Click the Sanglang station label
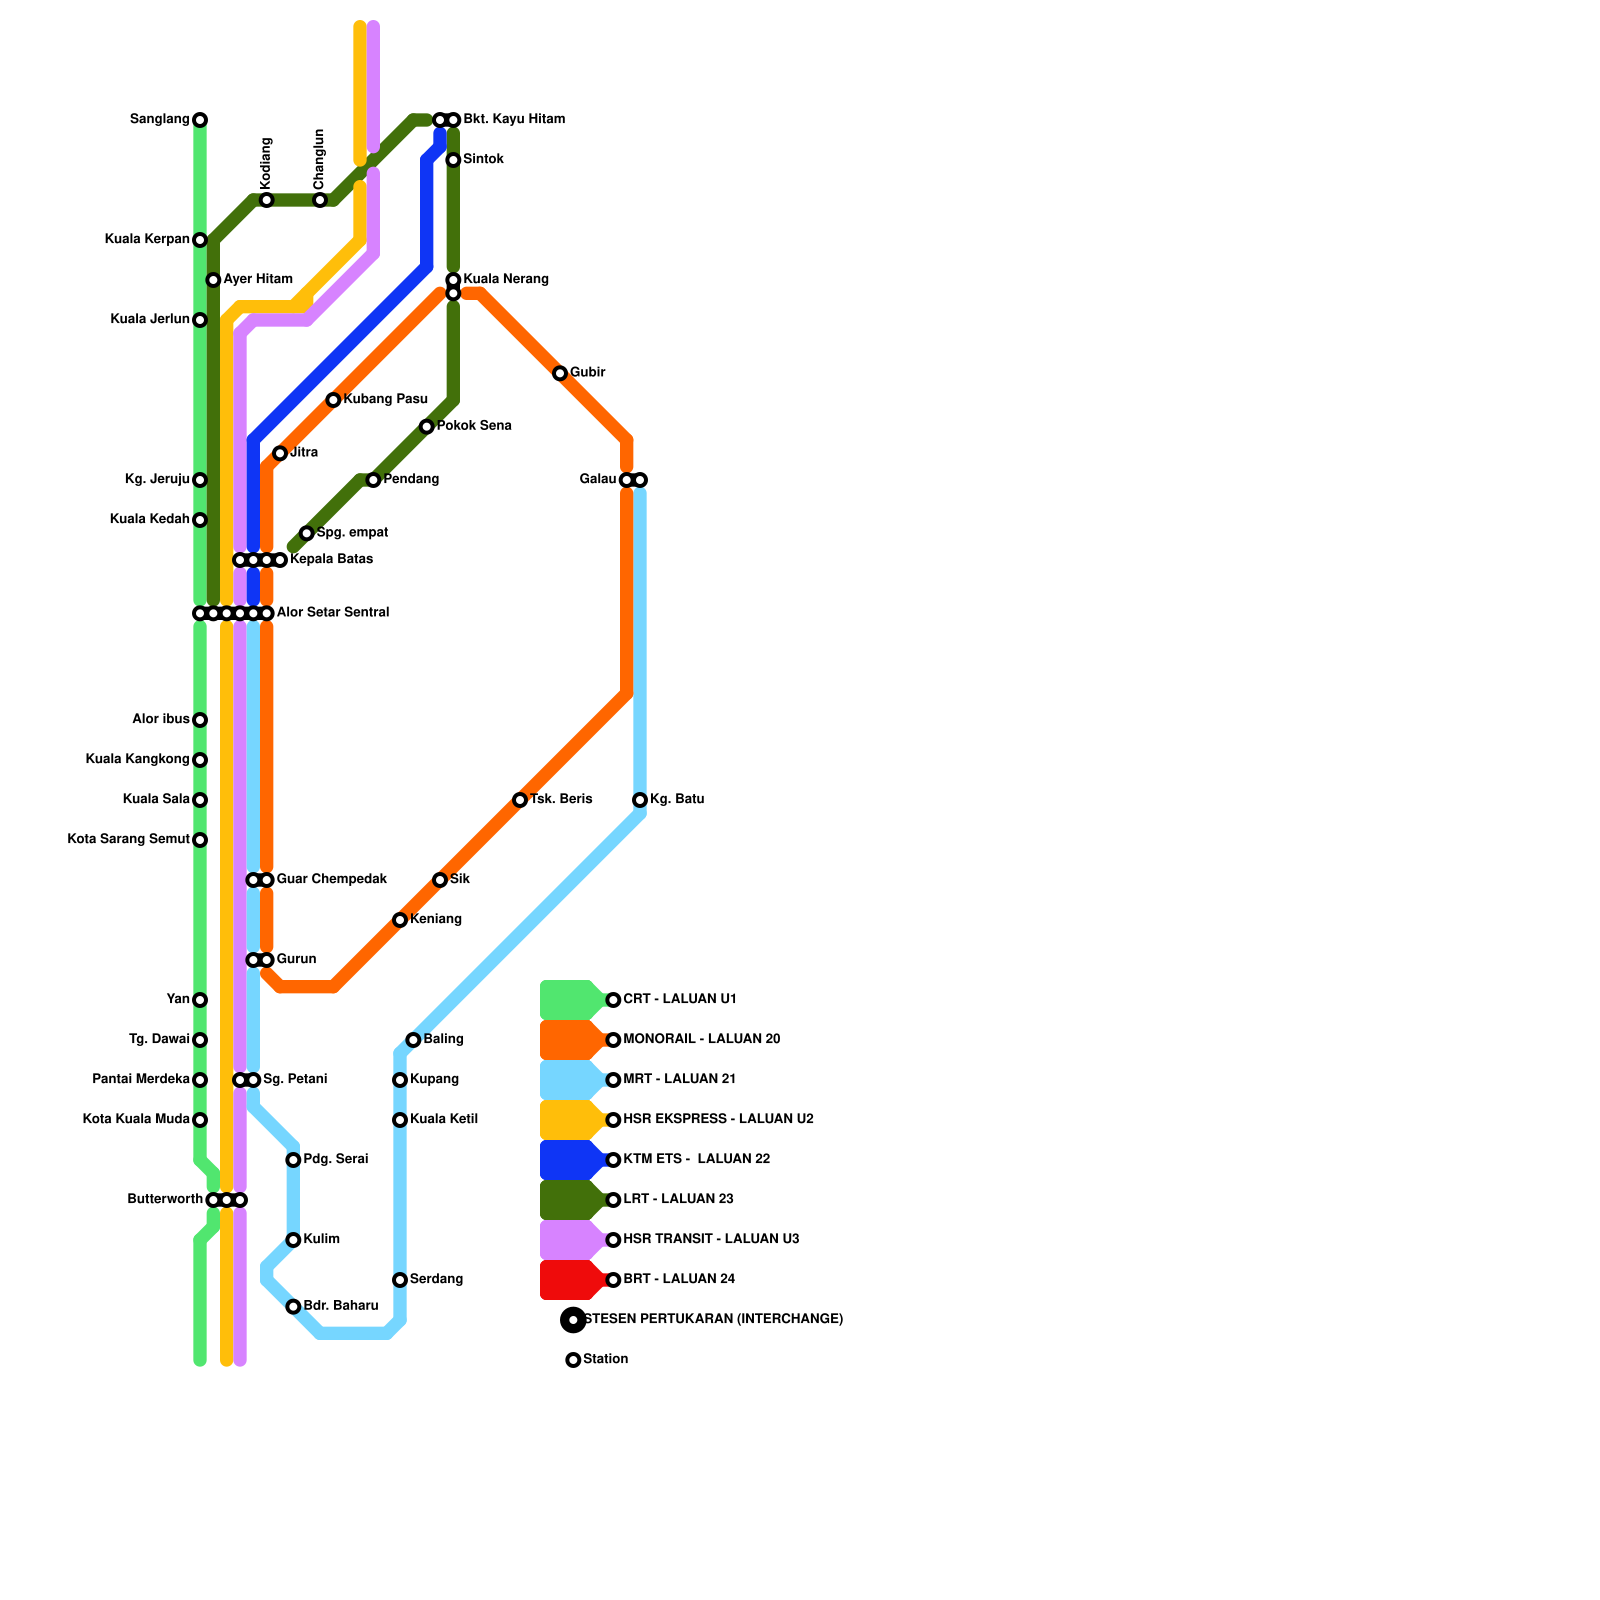159,120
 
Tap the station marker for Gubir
560,374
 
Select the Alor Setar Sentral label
332,613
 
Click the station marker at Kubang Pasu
333,400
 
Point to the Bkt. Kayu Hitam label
513,120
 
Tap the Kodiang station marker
266,200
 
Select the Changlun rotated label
319,160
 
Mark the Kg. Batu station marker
640,800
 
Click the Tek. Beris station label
561,800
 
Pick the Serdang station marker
400,1280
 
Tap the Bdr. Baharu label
340,1306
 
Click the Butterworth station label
165,1200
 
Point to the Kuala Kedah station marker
200,520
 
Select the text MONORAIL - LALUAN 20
701,1040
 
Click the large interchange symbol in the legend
573,1320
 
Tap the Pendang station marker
373,480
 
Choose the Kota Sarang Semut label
128,840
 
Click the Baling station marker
413,1040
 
